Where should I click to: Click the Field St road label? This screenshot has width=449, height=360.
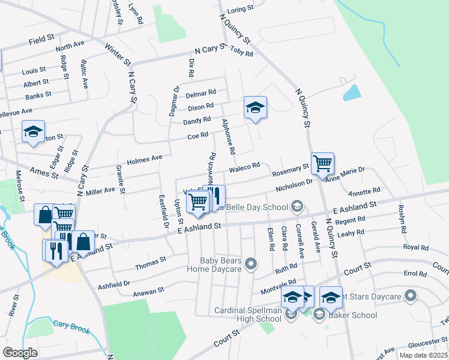tap(41, 42)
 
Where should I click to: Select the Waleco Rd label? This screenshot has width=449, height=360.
tap(243, 166)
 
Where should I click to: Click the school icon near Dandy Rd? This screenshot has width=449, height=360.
tap(255, 108)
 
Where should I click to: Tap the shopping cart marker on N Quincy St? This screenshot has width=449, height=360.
tap(323, 163)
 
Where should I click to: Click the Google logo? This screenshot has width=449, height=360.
tap(20, 352)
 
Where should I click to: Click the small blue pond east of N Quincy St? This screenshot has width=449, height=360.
tap(351, 92)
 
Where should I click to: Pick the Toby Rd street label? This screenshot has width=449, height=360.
tap(242, 51)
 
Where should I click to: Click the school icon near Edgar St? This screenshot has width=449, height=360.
tap(32, 132)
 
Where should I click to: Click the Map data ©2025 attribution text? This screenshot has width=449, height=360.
tap(423, 355)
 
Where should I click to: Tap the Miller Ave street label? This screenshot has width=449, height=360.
tap(100, 190)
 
